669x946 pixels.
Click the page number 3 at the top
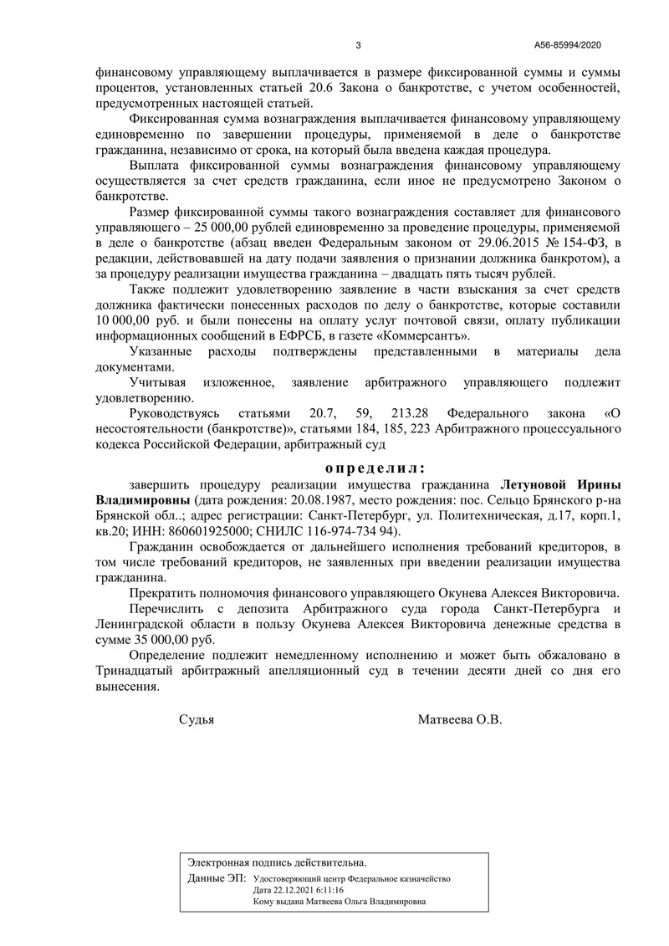tap(358, 45)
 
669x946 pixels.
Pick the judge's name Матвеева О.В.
tap(459, 718)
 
